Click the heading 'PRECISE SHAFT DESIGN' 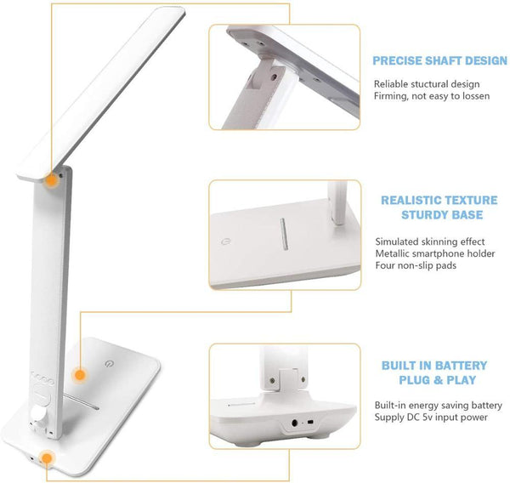pos(439,61)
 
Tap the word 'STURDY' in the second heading pos(422,215)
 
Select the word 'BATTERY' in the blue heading pos(462,366)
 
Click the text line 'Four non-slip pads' pos(416,265)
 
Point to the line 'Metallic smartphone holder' pos(435,253)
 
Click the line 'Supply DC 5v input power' pos(431,418)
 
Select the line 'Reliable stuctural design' pos(427,84)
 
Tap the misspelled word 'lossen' pos(474,96)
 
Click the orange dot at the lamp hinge pos(51,180)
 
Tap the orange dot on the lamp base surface pos(80,375)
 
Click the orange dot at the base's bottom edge pos(48,458)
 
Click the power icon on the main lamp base pos(109,364)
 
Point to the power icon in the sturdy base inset pos(225,241)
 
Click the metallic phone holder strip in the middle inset pos(284,234)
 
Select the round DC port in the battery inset pos(295,423)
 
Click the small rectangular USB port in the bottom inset pos(310,423)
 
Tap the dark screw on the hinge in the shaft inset pos(275,77)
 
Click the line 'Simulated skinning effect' pos(430,241)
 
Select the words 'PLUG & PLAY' pos(438,380)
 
